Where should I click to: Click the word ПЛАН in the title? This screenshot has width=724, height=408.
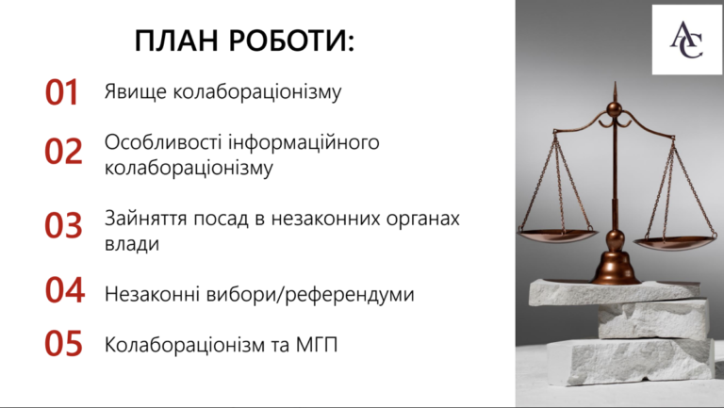[x=176, y=41]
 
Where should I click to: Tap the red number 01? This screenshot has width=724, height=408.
[x=62, y=92]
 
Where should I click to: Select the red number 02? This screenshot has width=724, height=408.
[x=63, y=151]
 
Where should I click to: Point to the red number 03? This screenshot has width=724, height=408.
[x=63, y=225]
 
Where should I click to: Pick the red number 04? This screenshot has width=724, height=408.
[x=65, y=290]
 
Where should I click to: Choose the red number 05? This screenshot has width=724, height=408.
[x=63, y=343]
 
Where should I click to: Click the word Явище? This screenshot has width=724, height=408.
[x=136, y=91]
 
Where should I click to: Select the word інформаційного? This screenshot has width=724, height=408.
[x=304, y=142]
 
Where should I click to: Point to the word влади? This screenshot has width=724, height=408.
[x=132, y=243]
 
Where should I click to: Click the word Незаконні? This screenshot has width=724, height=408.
[x=153, y=294]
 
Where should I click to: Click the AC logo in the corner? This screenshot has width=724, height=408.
[x=686, y=41]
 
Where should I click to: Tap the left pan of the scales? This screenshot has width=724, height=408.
[x=558, y=235]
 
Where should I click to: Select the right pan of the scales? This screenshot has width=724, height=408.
[x=673, y=243]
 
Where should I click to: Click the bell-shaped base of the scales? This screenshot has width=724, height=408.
[x=616, y=266]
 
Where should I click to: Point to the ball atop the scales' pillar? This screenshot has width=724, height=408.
[x=614, y=109]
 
